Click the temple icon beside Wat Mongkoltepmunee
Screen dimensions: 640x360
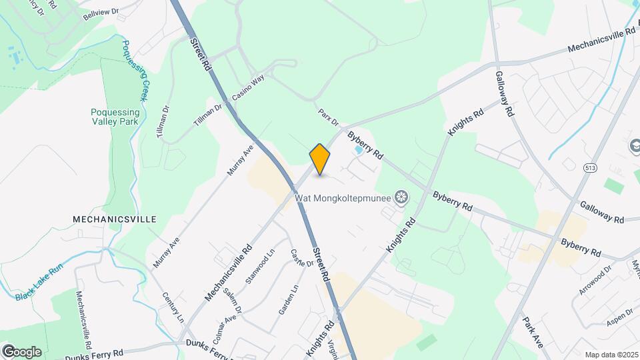click(x=401, y=197)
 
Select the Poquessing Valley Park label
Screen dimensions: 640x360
click(x=115, y=117)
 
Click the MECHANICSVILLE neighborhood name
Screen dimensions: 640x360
click(x=115, y=219)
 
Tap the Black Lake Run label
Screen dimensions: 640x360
click(x=38, y=283)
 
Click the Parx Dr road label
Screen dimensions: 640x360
click(x=329, y=117)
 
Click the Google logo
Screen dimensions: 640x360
click(x=22, y=351)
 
